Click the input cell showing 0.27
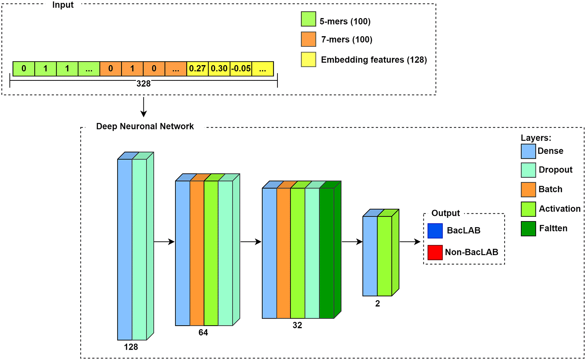(x=197, y=68)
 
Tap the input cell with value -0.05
(x=241, y=68)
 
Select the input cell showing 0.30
(x=219, y=68)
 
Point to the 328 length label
(x=143, y=84)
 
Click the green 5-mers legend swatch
(x=308, y=19)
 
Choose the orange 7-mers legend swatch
(x=308, y=39)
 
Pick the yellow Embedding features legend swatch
(x=308, y=60)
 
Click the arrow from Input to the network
(x=143, y=107)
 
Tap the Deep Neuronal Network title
(x=145, y=126)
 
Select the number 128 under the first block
(x=131, y=347)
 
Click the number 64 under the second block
(x=203, y=332)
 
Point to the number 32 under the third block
(x=297, y=325)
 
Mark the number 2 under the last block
(x=378, y=304)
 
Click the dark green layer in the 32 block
(x=326, y=253)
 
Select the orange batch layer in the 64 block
(x=197, y=253)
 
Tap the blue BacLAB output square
(x=435, y=231)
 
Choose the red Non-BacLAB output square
(x=435, y=252)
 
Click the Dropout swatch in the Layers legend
(x=528, y=170)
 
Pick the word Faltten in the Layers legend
(x=553, y=228)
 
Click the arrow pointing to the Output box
(x=410, y=242)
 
